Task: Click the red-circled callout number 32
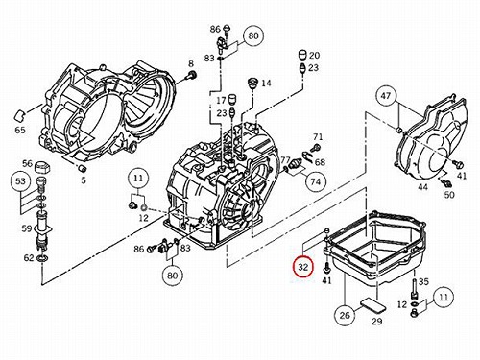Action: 303,267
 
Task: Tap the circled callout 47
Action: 386,95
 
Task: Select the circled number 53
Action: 20,181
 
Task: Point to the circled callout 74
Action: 315,181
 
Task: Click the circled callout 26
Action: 345,315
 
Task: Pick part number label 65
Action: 20,131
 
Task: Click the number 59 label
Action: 27,228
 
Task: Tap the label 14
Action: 266,84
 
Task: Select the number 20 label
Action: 314,55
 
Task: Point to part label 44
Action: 422,187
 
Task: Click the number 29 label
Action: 377,321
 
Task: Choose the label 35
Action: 423,282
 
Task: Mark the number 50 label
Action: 449,195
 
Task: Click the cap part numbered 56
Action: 42,167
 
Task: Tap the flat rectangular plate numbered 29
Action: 373,305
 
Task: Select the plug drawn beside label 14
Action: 253,84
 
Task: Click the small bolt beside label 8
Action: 192,76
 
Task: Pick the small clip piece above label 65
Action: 20,115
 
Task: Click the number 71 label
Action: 318,137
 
